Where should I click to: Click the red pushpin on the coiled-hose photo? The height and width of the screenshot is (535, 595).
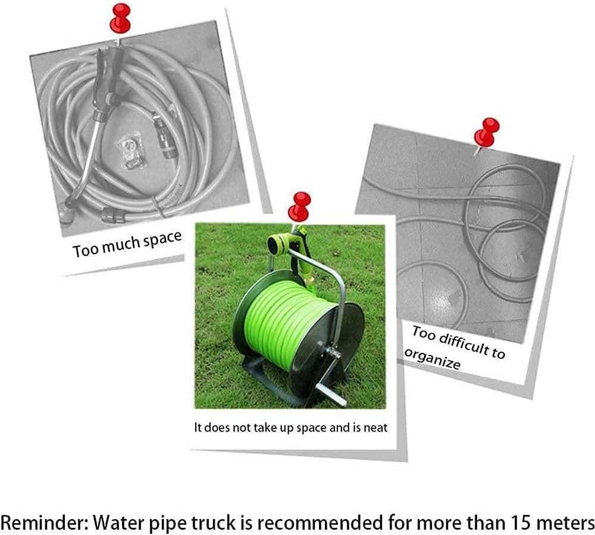point(120,18)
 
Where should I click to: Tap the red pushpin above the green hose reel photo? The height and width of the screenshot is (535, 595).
point(299,207)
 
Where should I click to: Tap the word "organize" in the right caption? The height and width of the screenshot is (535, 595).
point(432,359)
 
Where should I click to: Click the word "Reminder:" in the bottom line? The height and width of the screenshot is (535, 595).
point(45,523)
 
